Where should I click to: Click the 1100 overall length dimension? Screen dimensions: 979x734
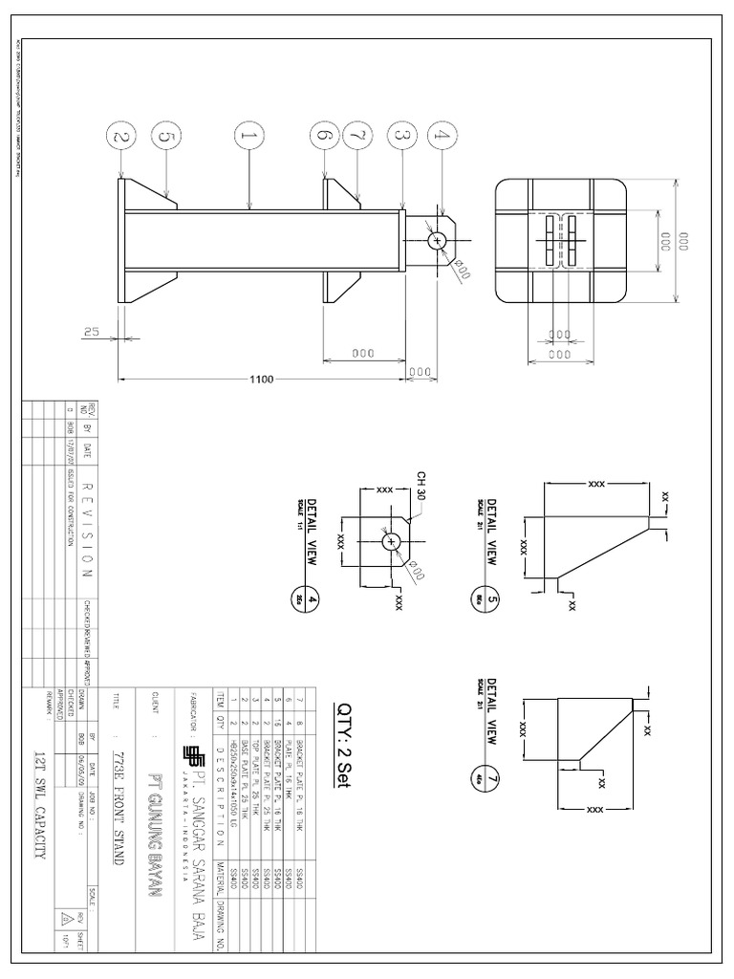(261, 380)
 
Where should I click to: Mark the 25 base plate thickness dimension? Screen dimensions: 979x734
(92, 332)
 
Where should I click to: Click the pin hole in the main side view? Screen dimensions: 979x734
(438, 240)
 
